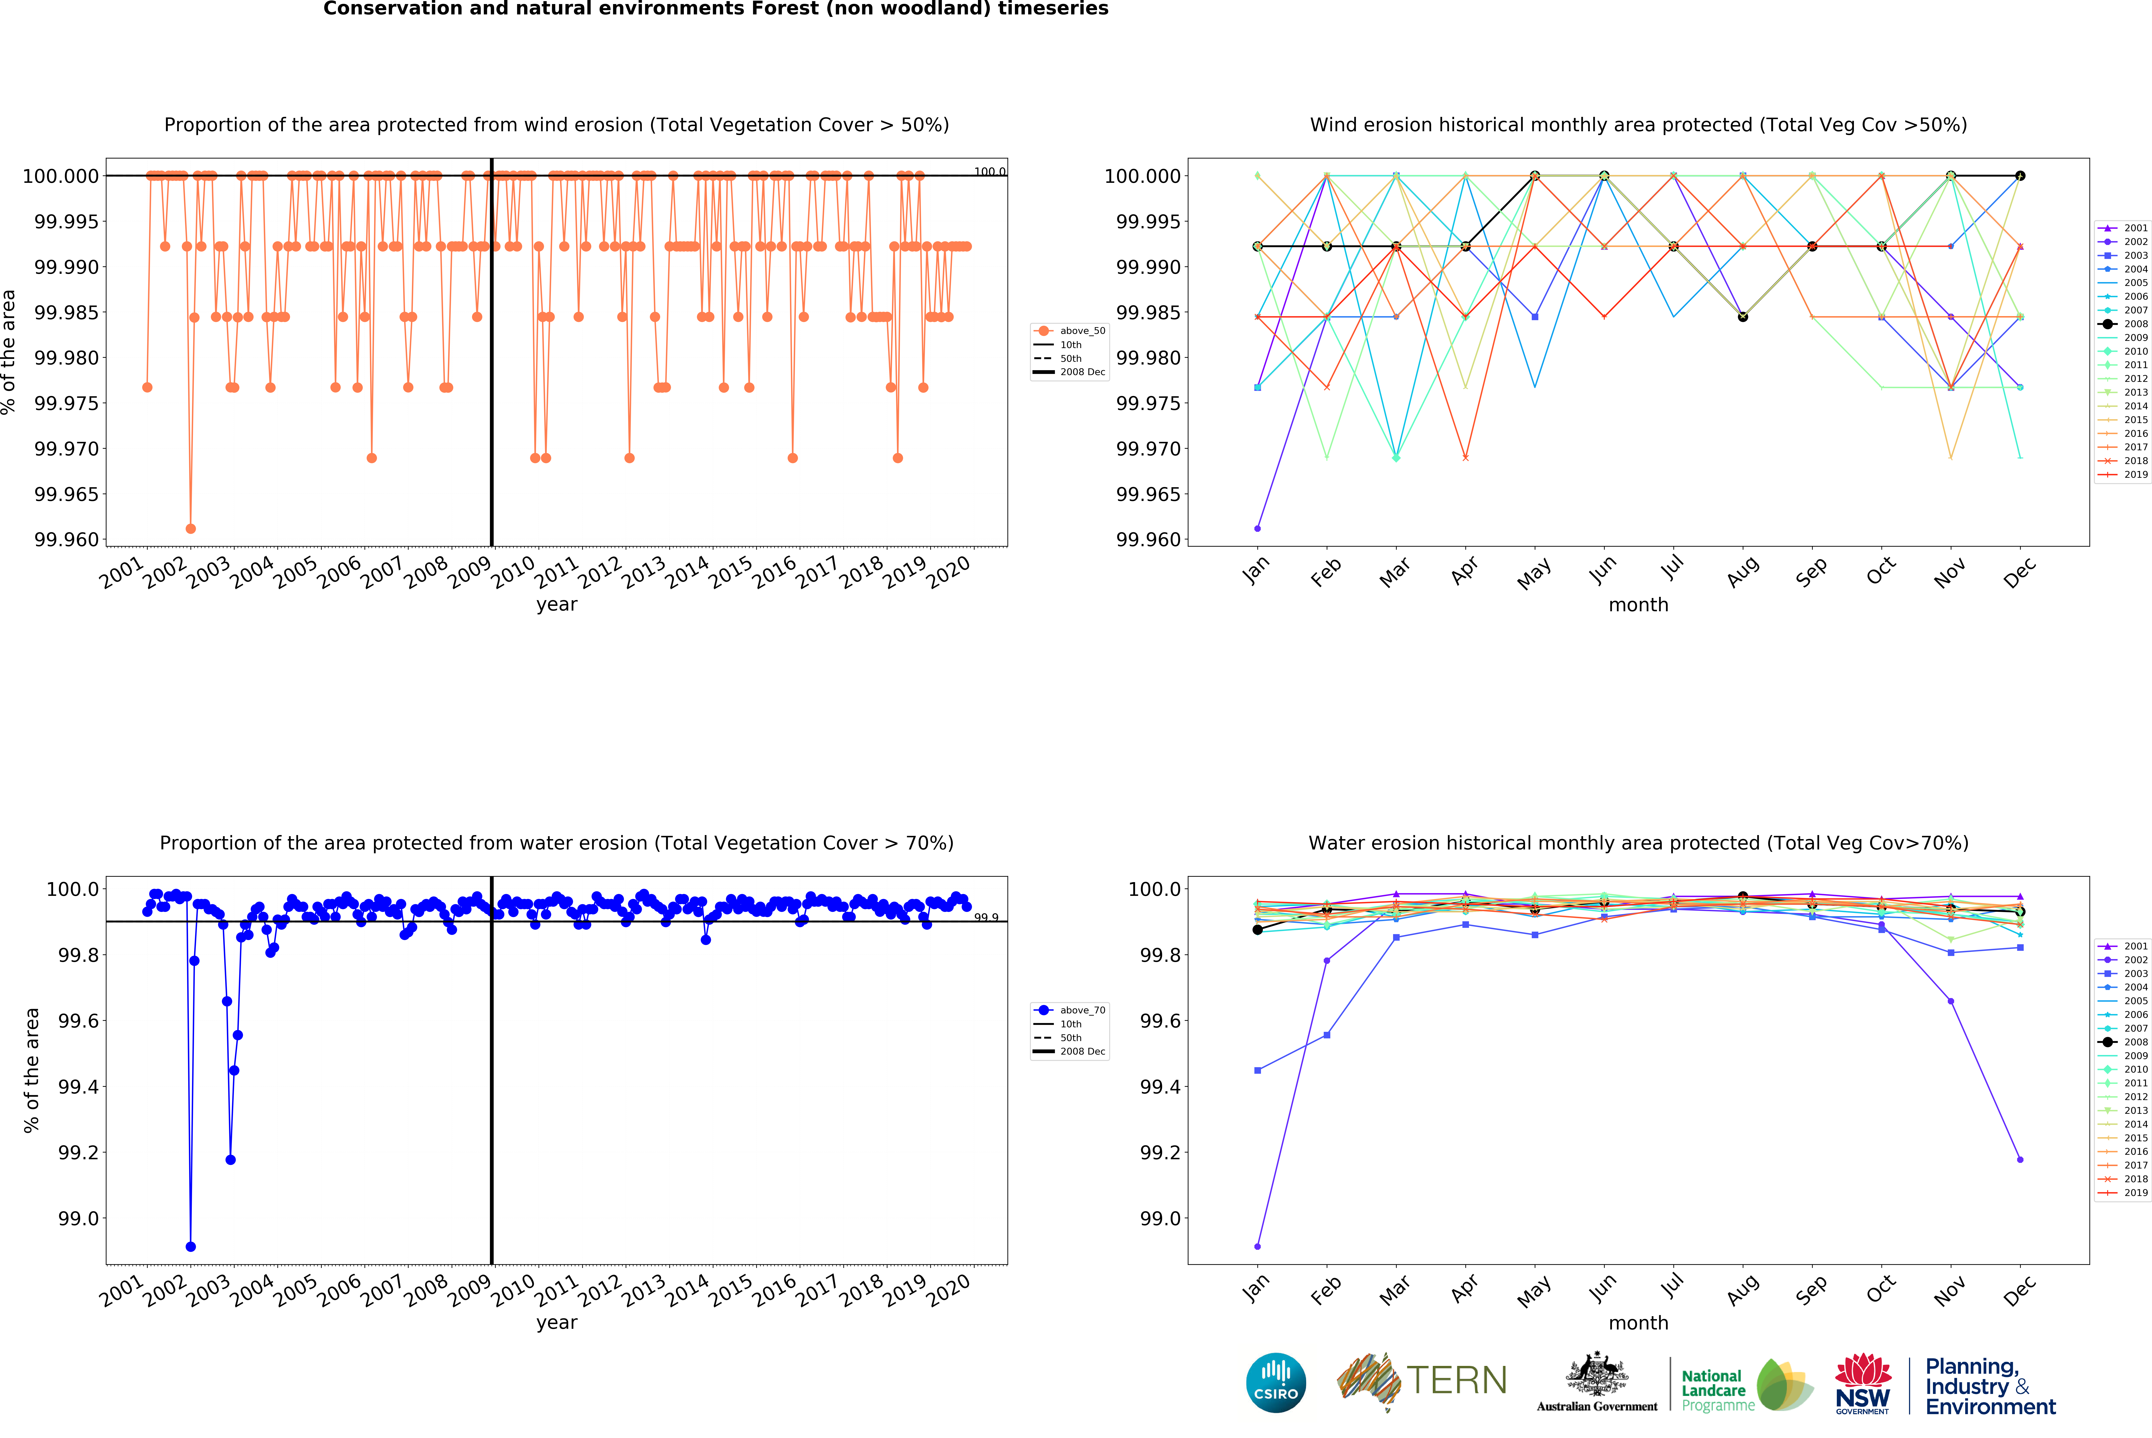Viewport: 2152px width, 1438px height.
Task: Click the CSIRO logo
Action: (1275, 1382)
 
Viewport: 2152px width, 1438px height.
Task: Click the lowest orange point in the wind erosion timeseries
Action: (191, 528)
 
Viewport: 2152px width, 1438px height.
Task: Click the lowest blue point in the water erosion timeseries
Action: (191, 1246)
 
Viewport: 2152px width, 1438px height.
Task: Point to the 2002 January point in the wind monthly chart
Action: (1257, 528)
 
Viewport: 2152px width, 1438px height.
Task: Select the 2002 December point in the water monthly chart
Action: (2020, 1159)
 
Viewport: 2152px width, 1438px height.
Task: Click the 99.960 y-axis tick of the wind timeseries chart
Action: (66, 539)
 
